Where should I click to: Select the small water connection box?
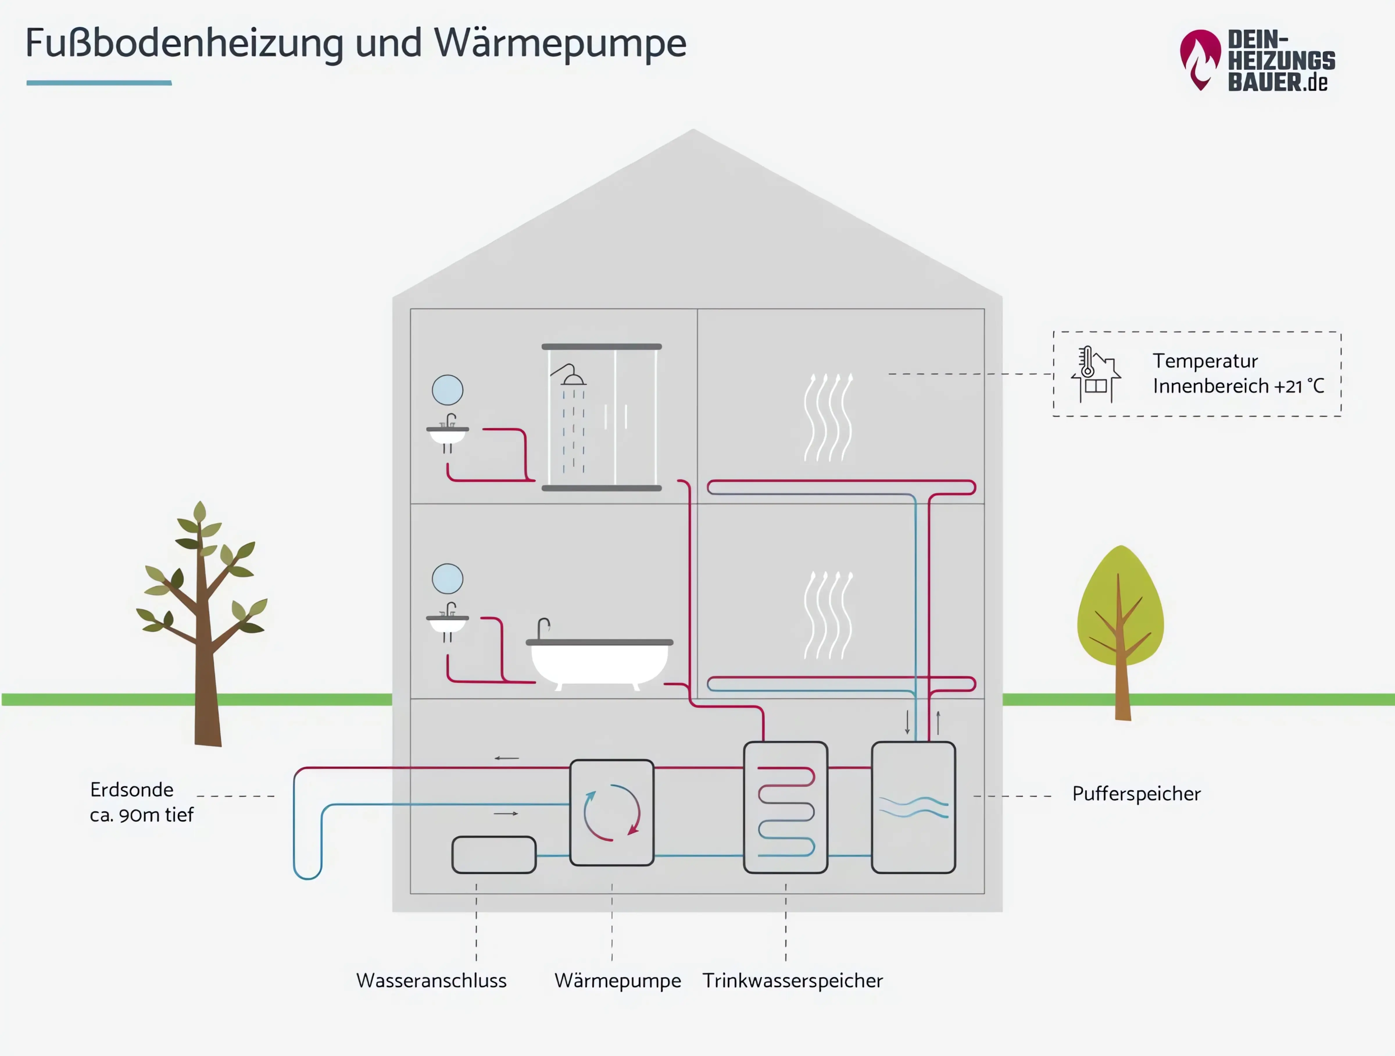point(494,855)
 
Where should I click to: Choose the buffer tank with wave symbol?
point(913,807)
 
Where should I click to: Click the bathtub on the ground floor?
point(599,662)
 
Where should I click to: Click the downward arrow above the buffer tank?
point(908,722)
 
